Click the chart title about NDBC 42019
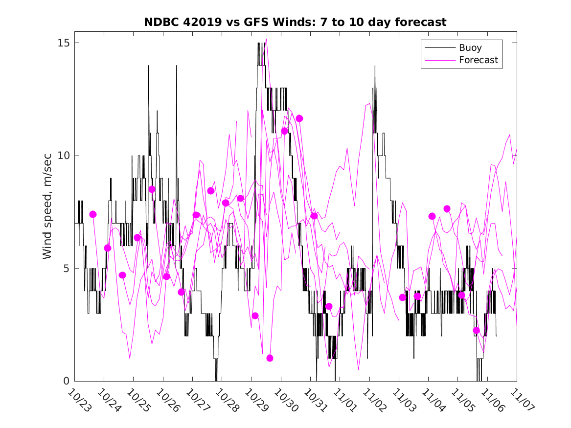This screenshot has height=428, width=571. (295, 22)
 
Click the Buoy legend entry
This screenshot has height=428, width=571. (470, 48)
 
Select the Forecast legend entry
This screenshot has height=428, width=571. (478, 60)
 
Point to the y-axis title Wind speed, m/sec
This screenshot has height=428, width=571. (47, 212)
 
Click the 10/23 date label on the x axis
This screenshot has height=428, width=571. (79, 400)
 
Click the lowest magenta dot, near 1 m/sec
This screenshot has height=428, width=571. (270, 358)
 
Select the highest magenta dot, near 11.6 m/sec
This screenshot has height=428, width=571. (299, 118)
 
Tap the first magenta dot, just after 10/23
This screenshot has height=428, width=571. (93, 214)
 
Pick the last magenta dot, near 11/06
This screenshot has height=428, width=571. (476, 331)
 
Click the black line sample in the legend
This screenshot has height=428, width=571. (439, 48)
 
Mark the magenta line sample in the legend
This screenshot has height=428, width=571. (439, 60)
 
